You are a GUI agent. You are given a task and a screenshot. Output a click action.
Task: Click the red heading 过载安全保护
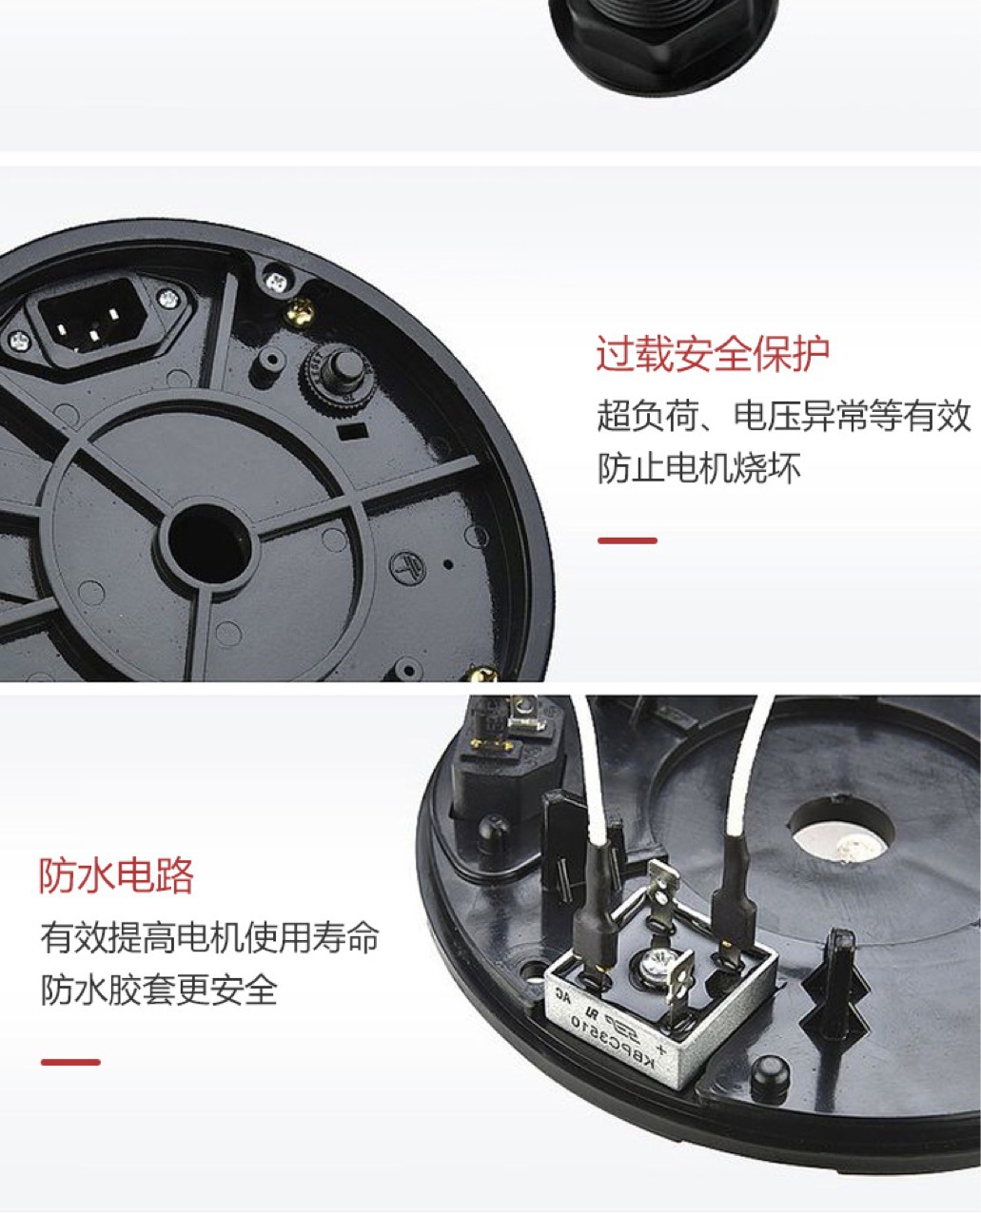pyautogui.click(x=713, y=354)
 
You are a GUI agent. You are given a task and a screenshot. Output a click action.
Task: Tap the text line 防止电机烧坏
pyautogui.click(x=699, y=468)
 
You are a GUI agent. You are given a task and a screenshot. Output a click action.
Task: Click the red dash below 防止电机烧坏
pyautogui.click(x=627, y=540)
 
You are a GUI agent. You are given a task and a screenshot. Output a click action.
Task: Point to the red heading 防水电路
pyautogui.click(x=116, y=875)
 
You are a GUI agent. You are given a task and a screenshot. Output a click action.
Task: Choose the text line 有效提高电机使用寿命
pyautogui.click(x=209, y=937)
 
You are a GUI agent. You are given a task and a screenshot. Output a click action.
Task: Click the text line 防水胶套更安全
pyautogui.click(x=159, y=990)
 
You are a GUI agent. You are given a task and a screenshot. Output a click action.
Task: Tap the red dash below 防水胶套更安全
pyautogui.click(x=70, y=1062)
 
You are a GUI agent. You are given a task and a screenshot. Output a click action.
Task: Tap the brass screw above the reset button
pyautogui.click(x=300, y=311)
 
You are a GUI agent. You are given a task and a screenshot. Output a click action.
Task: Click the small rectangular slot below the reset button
pyautogui.click(x=353, y=431)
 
